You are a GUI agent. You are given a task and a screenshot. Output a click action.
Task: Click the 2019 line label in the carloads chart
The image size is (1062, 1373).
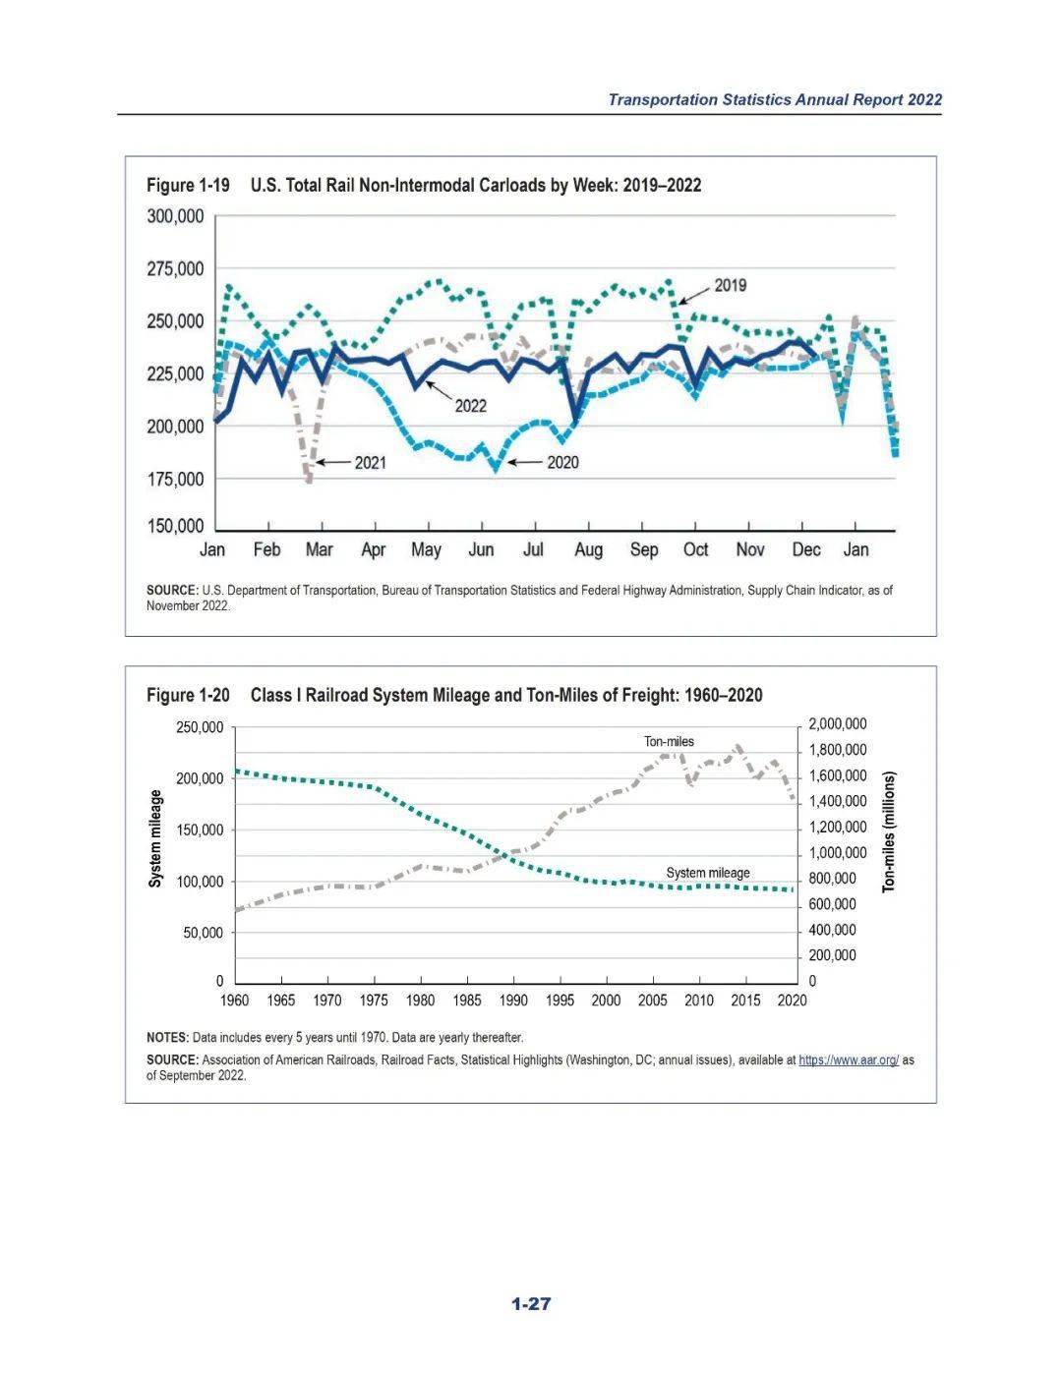[730, 286]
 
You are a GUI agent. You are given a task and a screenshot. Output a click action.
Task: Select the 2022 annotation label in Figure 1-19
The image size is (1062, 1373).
[470, 406]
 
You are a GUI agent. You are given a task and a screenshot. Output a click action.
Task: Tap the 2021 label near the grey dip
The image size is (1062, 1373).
[370, 463]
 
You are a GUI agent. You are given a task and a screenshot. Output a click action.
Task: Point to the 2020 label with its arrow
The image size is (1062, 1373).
[562, 463]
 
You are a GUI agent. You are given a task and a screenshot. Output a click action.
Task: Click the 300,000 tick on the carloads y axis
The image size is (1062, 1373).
[176, 217]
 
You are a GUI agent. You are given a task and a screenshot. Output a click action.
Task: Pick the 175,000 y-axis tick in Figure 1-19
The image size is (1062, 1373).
[176, 480]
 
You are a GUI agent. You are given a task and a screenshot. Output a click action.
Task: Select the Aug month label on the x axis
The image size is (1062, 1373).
[588, 550]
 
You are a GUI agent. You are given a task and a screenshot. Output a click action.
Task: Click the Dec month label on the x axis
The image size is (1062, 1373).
[806, 550]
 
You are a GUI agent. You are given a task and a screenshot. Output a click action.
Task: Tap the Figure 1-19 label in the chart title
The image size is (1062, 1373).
[188, 186]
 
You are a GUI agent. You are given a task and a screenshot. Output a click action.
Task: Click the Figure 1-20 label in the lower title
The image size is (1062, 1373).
[188, 696]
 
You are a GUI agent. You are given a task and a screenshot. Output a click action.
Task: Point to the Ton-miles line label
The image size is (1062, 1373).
[669, 742]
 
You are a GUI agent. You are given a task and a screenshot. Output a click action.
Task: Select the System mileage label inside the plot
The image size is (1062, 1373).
[708, 873]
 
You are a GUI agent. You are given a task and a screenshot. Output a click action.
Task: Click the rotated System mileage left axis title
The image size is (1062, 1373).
[155, 838]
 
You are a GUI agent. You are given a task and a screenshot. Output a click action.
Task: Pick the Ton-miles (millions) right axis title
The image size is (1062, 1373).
[889, 831]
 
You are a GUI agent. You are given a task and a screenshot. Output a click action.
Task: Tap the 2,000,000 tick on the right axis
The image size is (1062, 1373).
[837, 724]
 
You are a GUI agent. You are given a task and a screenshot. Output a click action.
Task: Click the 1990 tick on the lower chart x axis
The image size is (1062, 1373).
[513, 1001]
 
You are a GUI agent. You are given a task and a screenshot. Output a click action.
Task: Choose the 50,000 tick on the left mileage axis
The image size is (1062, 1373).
[203, 933]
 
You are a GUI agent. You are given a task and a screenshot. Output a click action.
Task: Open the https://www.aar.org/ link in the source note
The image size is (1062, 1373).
[849, 1060]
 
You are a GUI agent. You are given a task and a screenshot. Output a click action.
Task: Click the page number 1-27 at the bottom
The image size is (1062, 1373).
[531, 1304]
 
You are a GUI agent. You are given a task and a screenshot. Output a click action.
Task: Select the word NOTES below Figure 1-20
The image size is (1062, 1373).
[167, 1037]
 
